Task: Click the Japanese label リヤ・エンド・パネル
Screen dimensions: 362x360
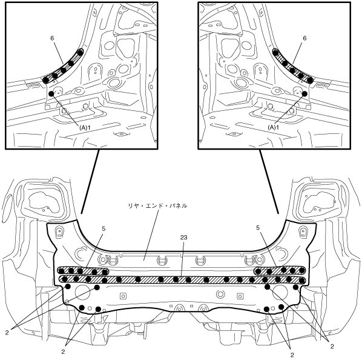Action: click(157, 205)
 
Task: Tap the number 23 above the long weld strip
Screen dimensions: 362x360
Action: click(183, 238)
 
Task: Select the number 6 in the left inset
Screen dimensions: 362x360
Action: click(52, 38)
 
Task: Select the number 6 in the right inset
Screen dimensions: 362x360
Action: click(304, 38)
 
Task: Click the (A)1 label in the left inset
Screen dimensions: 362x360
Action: click(84, 128)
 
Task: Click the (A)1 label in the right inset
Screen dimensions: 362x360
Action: click(274, 127)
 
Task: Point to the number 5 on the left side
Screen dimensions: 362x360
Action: click(104, 228)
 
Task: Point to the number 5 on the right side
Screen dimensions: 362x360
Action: click(258, 228)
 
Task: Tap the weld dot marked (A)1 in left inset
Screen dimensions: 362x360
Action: click(51, 93)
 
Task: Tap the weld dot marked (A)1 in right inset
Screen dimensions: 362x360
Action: click(304, 93)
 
